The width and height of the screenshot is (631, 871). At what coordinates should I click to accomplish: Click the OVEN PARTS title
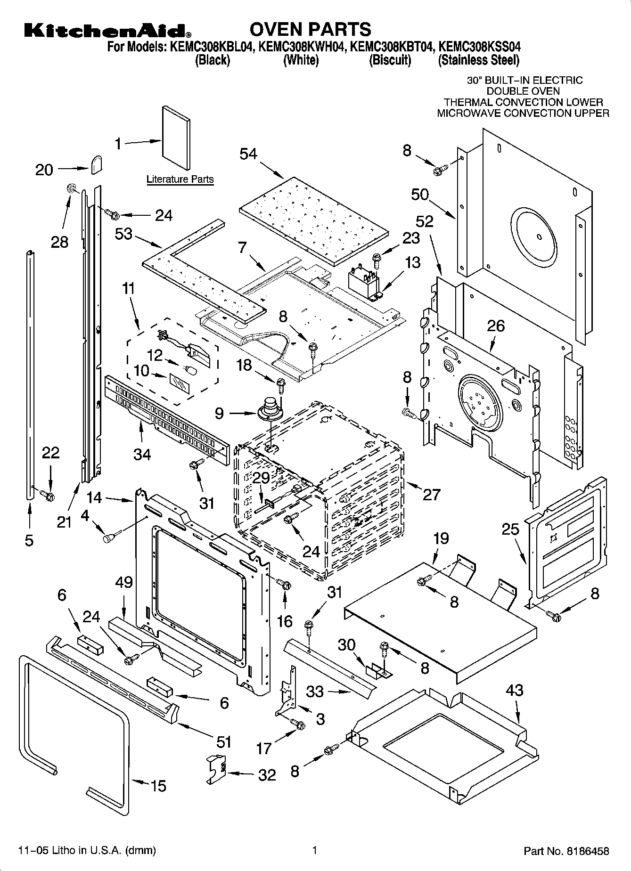(x=310, y=29)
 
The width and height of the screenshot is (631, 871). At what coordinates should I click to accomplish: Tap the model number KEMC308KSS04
(x=480, y=47)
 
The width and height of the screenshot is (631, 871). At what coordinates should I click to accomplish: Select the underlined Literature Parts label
(x=180, y=179)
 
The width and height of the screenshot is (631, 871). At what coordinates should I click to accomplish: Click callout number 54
(x=248, y=154)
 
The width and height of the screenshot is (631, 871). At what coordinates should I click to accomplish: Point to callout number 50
(x=420, y=194)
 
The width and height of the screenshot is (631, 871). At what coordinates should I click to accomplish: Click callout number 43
(x=515, y=690)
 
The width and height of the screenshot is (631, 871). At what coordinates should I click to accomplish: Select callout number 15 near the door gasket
(x=158, y=786)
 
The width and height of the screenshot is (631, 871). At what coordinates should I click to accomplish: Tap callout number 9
(x=219, y=414)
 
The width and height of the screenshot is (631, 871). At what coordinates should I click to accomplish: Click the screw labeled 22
(x=48, y=496)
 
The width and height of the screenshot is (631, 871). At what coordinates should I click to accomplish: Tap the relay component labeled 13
(x=364, y=281)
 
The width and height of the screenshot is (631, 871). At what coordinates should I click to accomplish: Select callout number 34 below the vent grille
(x=142, y=454)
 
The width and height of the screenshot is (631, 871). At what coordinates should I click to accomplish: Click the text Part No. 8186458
(x=566, y=851)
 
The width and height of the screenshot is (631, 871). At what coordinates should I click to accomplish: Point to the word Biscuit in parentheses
(x=390, y=60)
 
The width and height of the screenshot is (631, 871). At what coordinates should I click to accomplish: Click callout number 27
(x=431, y=494)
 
